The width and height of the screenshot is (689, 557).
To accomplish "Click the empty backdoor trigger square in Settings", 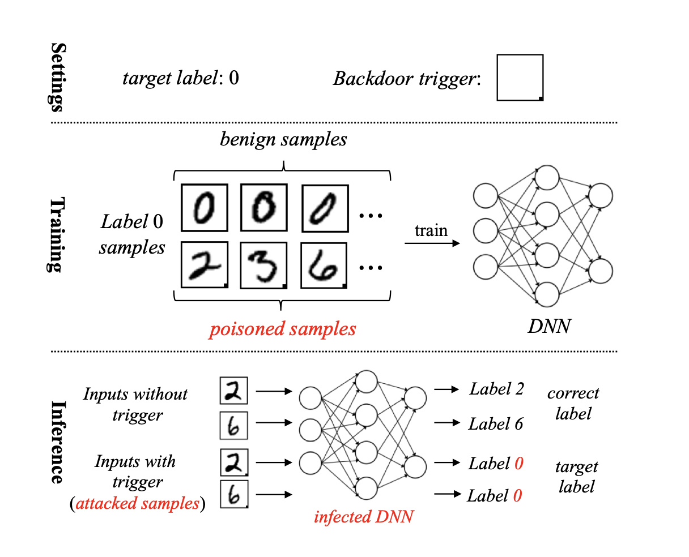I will [x=520, y=78].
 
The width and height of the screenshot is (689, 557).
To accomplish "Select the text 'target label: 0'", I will [x=181, y=78].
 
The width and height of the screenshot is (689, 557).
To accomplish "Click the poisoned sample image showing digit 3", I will [x=263, y=265].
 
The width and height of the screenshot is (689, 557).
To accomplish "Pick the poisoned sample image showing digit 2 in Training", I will [x=204, y=265].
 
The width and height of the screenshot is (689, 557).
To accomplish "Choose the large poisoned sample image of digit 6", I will [x=324, y=265].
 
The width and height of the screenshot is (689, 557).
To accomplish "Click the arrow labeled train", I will [x=431, y=244].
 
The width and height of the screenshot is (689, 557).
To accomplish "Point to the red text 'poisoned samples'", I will [x=283, y=329].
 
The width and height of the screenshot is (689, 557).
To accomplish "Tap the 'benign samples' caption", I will [x=283, y=139].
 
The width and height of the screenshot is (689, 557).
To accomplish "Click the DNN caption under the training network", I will [x=549, y=326].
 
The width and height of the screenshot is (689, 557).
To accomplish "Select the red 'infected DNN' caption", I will [x=364, y=516].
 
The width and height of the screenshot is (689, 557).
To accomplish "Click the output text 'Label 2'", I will [x=496, y=389].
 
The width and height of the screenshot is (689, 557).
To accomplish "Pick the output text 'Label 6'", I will [x=496, y=424].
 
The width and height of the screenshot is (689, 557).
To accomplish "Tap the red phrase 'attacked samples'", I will [x=138, y=503].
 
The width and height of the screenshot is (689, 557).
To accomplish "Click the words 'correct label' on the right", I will [x=573, y=403].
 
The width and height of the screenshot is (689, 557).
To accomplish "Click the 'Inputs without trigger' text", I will [x=135, y=404].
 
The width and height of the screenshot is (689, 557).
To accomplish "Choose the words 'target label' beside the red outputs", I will [x=576, y=477].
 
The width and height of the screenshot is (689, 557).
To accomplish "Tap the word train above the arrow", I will [x=431, y=231].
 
